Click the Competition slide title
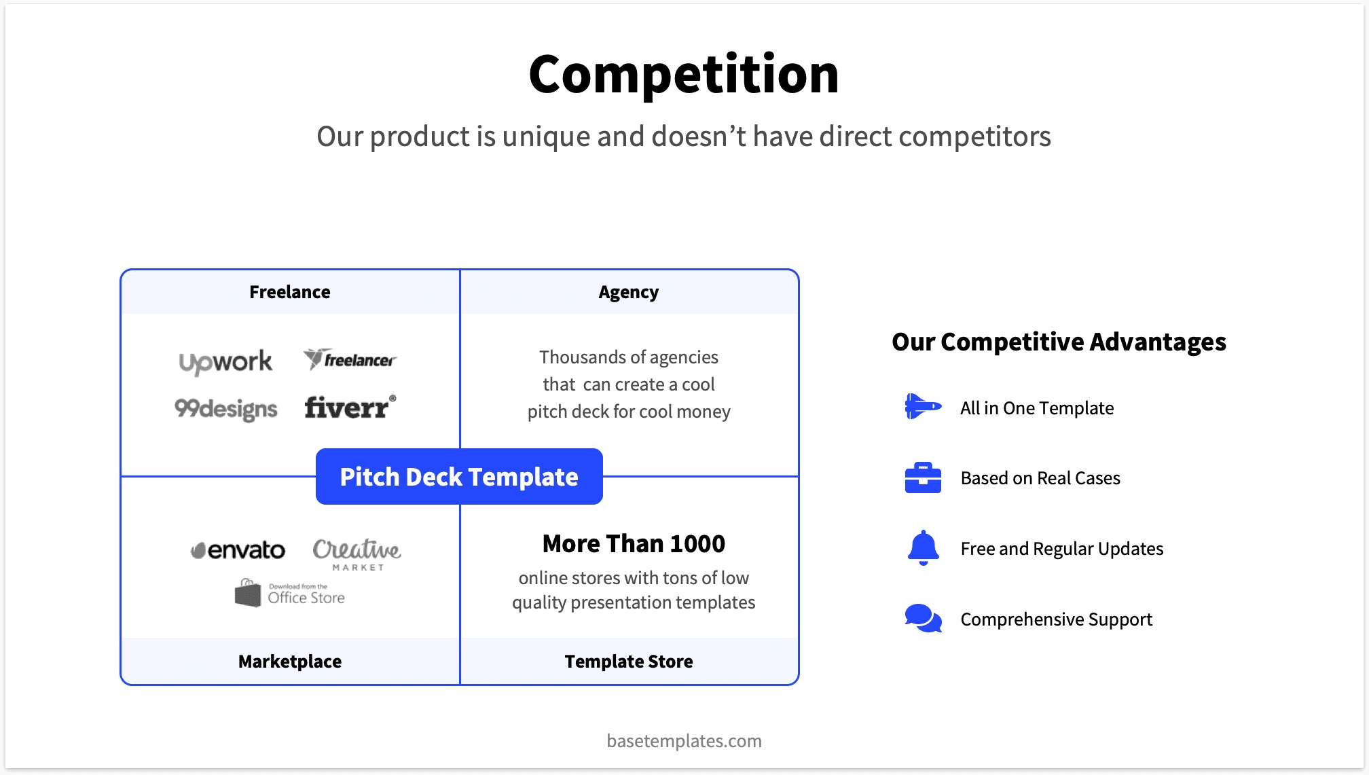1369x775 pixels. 684,74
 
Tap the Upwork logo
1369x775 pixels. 225,361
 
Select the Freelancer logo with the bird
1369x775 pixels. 350,359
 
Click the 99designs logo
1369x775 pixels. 225,408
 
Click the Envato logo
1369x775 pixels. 238,549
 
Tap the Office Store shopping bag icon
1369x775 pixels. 248,593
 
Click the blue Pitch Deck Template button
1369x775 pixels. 459,477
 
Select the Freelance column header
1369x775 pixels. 290,292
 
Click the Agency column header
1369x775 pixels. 628,292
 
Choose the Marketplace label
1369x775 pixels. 290,661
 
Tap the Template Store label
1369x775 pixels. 628,661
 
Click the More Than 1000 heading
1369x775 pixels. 634,543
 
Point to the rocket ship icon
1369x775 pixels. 923,406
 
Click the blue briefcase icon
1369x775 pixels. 923,477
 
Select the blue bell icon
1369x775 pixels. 923,547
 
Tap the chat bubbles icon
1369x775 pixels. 923,618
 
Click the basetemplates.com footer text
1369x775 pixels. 684,740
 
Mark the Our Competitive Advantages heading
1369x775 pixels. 1059,342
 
